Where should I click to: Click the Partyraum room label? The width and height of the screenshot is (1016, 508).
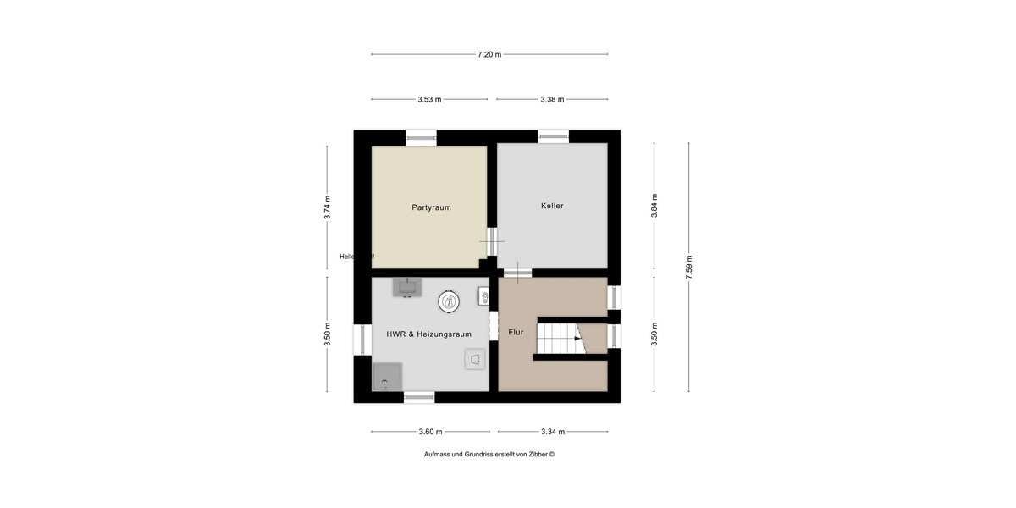click(x=431, y=207)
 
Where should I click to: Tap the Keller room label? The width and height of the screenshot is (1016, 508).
click(x=552, y=206)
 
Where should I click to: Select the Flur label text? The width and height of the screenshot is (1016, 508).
click(x=516, y=333)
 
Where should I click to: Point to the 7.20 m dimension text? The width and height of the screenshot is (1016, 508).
click(x=489, y=54)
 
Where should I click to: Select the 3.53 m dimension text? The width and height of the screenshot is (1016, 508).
click(x=429, y=99)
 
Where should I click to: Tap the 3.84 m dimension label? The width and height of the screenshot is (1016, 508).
click(x=654, y=207)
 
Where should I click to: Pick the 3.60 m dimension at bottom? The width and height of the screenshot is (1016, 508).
click(x=430, y=432)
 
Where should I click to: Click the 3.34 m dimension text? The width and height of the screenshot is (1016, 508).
click(x=552, y=432)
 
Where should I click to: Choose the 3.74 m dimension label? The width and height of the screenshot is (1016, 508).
click(x=328, y=207)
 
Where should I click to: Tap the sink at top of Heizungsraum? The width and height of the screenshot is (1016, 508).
click(x=408, y=288)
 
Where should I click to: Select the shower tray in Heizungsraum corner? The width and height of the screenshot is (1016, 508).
click(x=387, y=377)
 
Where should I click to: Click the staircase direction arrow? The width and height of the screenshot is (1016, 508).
click(x=578, y=339)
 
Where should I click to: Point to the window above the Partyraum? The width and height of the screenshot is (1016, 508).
click(x=421, y=136)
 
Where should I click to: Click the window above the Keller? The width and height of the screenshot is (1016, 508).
click(x=554, y=136)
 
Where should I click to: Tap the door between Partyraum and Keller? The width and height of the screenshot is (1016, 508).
click(x=492, y=240)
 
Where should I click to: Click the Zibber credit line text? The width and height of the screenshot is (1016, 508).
click(x=489, y=455)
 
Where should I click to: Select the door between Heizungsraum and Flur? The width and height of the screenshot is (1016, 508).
click(x=493, y=327)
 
